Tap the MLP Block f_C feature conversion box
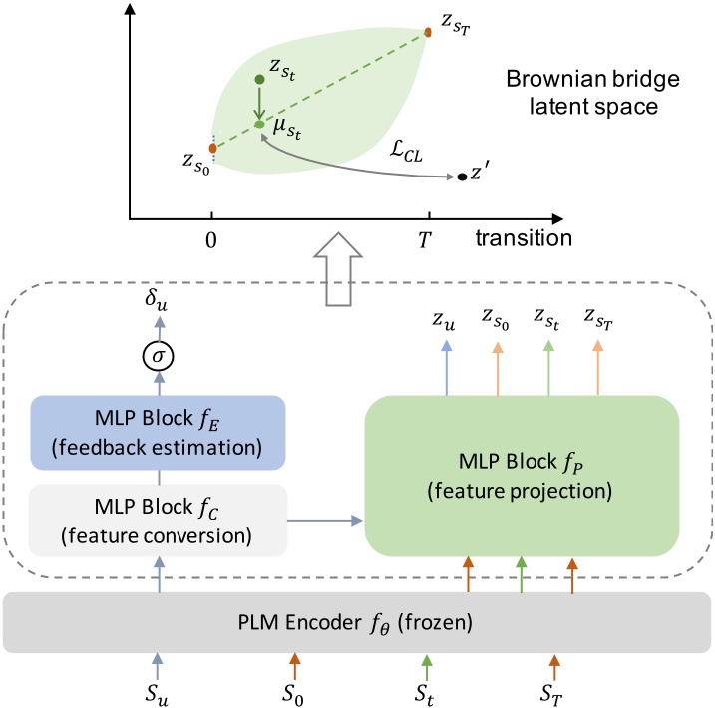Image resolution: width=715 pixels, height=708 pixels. pos(159,520)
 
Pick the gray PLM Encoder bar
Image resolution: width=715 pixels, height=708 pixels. pos(357,623)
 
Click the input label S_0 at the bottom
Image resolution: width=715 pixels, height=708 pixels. pos(293,687)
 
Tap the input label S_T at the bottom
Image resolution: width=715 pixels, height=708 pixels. pos(554,687)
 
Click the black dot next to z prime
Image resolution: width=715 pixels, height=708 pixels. pos(462,177)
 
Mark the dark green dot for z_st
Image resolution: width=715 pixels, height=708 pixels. pos(259,79)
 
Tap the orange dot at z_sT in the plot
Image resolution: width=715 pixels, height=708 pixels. pos(428,33)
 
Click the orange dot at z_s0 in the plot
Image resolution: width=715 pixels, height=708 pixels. pos(212,148)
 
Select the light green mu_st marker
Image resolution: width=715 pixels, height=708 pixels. pos(259,125)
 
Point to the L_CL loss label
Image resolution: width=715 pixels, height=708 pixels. pos(406,147)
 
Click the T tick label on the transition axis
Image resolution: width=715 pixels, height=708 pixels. pos(429,239)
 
